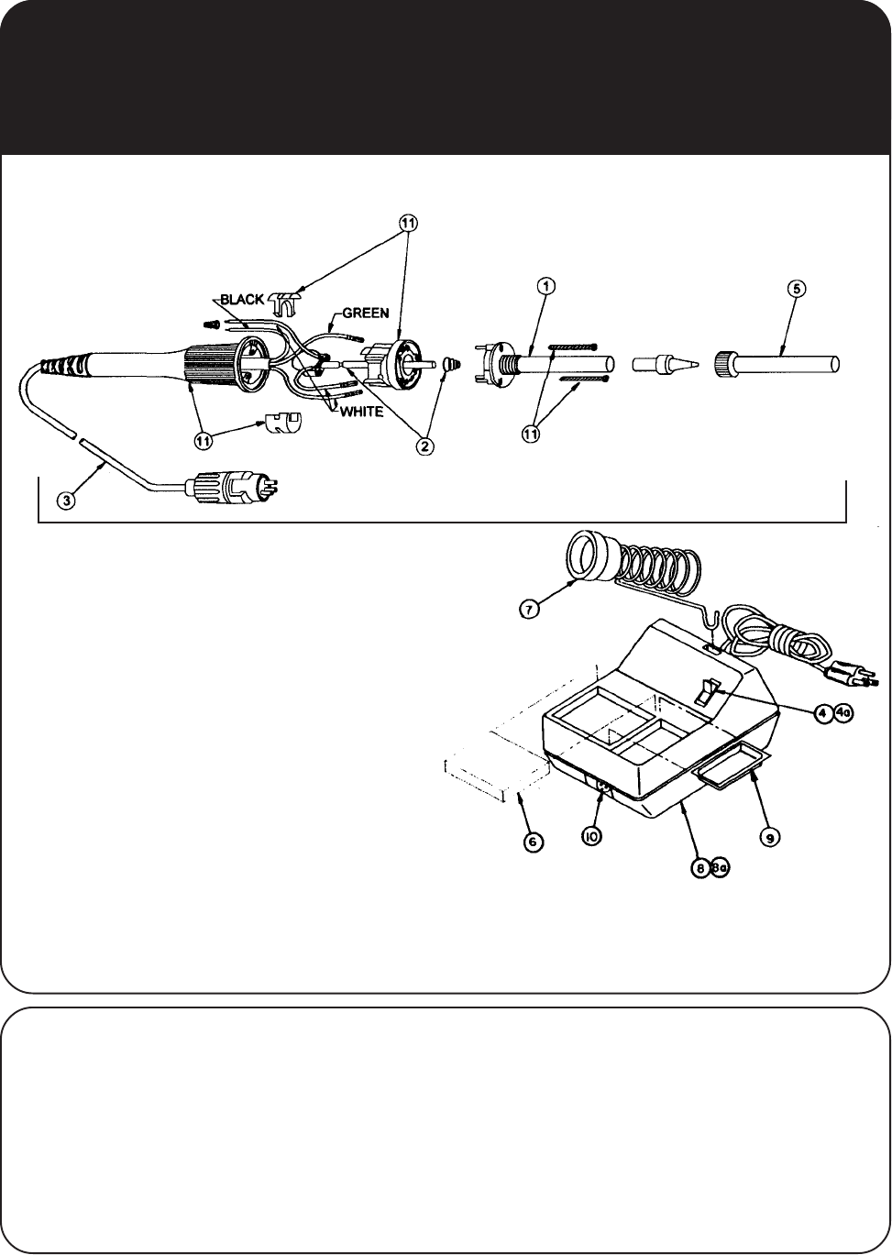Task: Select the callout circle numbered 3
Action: click(x=66, y=501)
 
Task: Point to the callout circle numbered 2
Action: click(x=424, y=446)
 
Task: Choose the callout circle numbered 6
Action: click(x=531, y=842)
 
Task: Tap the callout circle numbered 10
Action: click(x=592, y=837)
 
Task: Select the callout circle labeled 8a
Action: click(x=719, y=872)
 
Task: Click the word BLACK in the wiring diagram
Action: click(x=242, y=299)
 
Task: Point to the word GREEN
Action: click(x=366, y=313)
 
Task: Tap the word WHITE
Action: click(x=361, y=413)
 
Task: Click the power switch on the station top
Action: click(x=707, y=690)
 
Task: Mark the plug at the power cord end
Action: click(x=853, y=678)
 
